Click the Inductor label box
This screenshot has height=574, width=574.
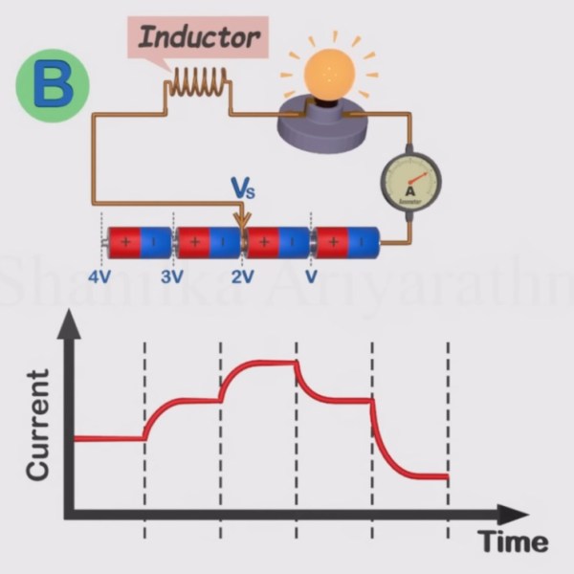[x=198, y=39]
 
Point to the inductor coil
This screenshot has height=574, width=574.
[x=198, y=86]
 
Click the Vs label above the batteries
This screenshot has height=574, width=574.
[x=244, y=188]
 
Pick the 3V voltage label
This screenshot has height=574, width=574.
[x=172, y=276]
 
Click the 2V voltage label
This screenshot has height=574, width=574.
[x=243, y=276]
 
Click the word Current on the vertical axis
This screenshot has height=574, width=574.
[x=38, y=426]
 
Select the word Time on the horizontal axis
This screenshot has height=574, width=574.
[x=514, y=542]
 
